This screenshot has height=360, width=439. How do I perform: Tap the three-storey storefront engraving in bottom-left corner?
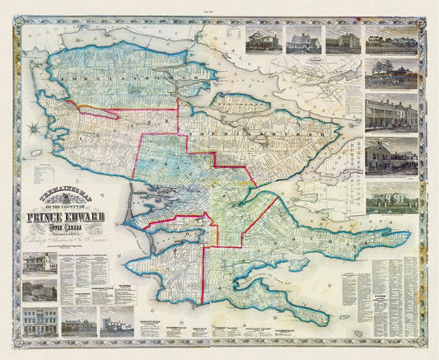point(40,321)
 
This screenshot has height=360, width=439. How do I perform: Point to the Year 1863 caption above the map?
point(219,5)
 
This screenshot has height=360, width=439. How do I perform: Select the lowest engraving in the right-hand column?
point(390,198)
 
